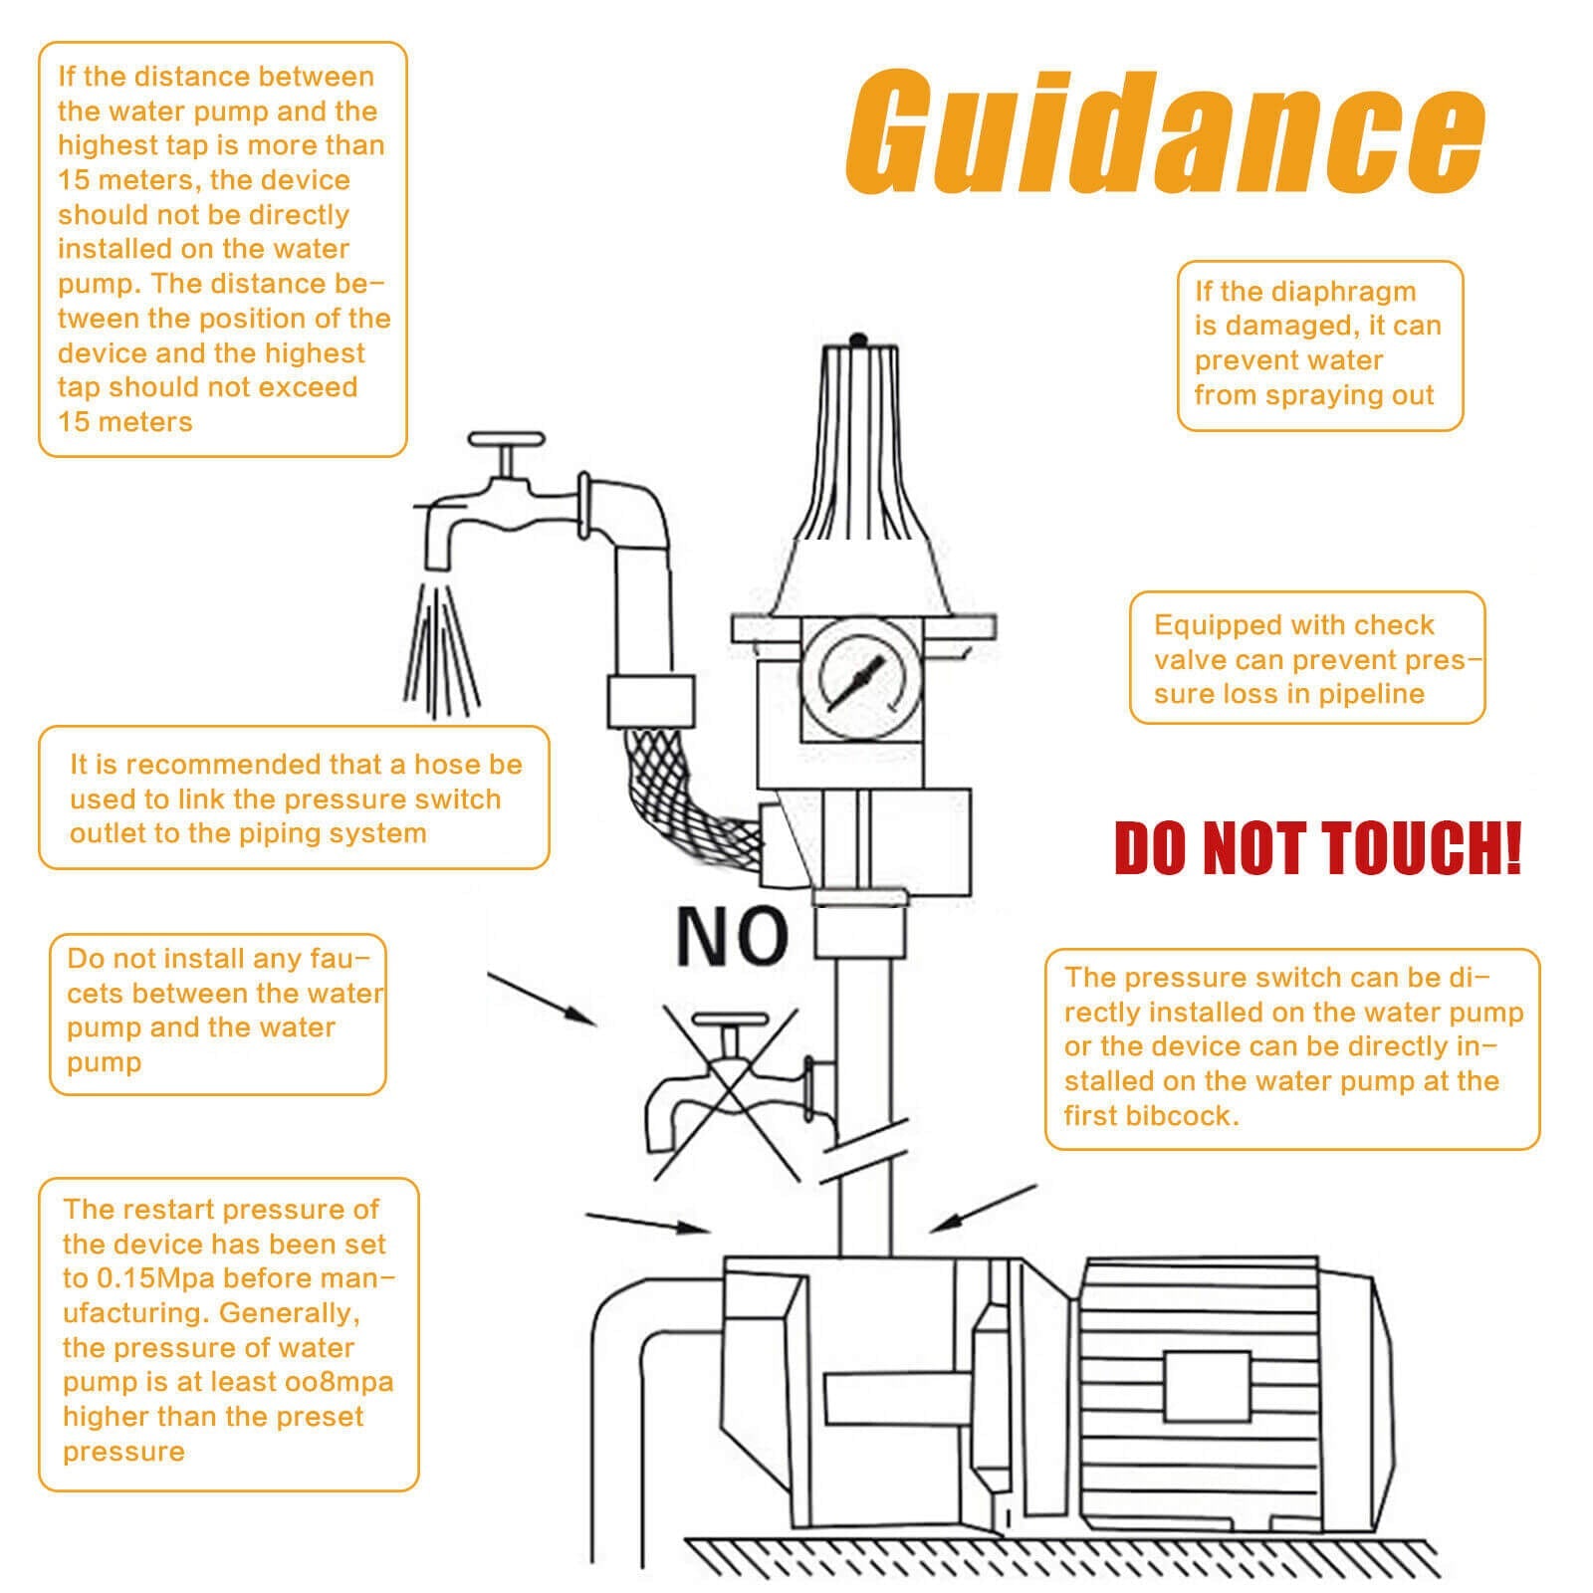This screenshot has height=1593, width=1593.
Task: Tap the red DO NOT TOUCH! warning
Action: [1317, 848]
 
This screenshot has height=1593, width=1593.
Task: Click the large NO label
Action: [732, 937]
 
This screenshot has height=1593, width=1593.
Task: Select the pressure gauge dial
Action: [860, 679]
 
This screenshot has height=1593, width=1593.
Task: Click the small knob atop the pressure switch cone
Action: [859, 340]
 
